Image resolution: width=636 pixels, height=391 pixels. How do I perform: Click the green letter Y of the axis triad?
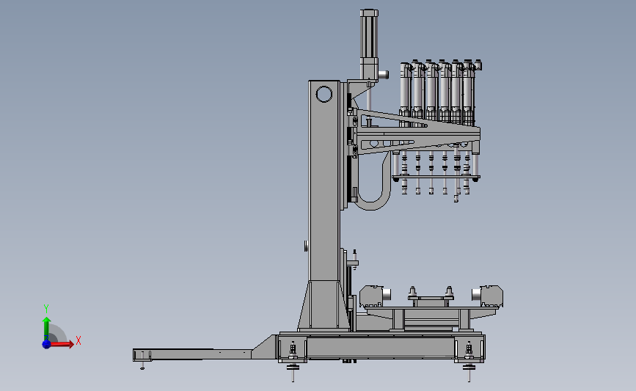46,309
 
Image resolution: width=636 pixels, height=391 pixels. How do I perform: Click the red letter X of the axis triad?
78,340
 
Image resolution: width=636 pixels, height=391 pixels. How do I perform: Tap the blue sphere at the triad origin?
46,344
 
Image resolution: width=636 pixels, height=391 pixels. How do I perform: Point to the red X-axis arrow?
60,344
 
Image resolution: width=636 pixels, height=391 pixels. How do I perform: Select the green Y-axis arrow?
46,329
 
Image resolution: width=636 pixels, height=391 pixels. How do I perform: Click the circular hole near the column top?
324,95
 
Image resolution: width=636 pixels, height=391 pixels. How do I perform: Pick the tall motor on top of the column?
369,44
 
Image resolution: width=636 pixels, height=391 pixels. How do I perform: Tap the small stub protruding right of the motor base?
384,75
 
